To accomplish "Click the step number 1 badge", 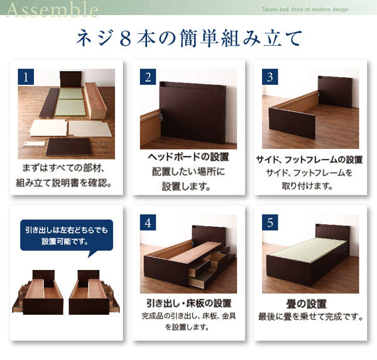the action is point(26,77).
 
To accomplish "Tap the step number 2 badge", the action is point(148,77).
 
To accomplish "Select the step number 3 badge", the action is point(270,77).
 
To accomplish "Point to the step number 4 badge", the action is point(148,222).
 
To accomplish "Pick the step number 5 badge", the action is point(270,222).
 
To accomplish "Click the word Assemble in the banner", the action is point(52,9).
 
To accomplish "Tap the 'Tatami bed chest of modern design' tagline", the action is point(305,9).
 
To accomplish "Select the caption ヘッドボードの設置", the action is point(188,157).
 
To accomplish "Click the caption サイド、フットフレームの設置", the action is point(309,160).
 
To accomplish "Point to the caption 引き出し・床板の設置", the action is point(189,303).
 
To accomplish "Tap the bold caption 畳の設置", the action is point(307,304).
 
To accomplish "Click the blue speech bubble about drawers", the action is point(67,236).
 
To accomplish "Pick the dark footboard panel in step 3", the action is point(292,123).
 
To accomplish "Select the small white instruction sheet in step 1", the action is point(35,144).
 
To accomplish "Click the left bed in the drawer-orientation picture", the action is point(38,292).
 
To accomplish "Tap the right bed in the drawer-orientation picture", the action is point(94,292).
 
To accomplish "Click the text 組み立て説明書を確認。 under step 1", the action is point(63,183).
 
